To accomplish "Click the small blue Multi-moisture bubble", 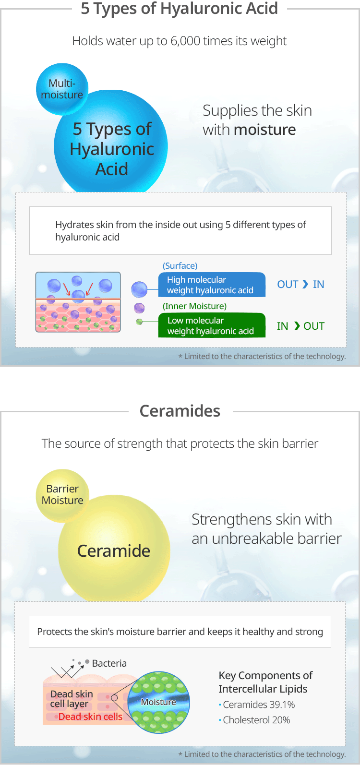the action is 62,89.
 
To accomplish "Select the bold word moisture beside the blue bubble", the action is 264,130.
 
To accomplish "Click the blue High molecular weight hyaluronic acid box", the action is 212,285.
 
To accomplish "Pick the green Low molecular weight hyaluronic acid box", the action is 212,325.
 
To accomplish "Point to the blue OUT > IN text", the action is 300,284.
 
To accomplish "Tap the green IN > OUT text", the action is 300,326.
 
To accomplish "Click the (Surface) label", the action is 180,266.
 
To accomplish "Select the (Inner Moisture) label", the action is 194,306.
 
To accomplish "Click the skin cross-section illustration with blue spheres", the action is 78,302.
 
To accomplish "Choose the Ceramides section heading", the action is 180,411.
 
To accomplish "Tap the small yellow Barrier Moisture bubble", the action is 62,495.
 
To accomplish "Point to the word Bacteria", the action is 109,663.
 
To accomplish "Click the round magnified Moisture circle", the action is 158,702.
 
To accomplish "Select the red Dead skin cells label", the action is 90,717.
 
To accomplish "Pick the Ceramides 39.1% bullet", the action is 257,705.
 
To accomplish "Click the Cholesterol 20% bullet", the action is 254,720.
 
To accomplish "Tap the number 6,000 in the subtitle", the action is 185,41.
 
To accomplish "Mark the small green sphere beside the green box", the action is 139,322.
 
